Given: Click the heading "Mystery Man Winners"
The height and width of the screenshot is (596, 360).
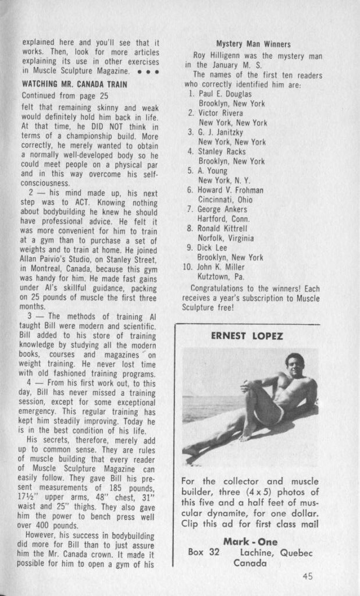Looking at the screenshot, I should (253, 44).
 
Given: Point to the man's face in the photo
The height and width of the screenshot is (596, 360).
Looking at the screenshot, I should (294, 366).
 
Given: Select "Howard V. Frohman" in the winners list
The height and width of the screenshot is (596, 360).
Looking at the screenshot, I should (231, 190).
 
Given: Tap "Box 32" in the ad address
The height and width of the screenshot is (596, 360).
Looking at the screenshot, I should (204, 552).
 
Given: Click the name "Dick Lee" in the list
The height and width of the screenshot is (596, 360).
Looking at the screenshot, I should (215, 247).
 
